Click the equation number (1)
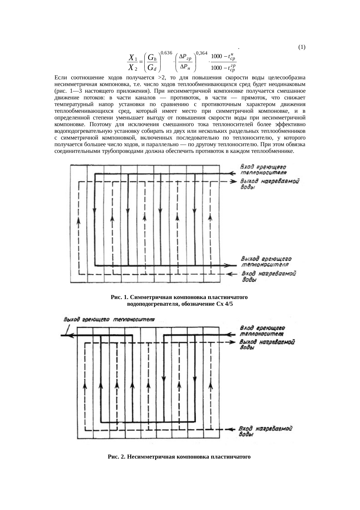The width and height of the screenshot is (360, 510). click(x=301, y=47)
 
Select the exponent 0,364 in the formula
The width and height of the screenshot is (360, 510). click(x=201, y=53)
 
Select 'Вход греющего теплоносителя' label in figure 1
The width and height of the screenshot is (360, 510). click(x=263, y=170)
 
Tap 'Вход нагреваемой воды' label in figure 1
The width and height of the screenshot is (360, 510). click(x=269, y=276)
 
